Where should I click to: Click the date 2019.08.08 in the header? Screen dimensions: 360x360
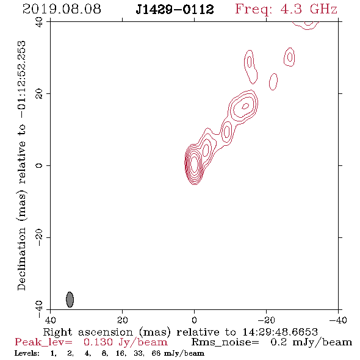coord(62,9)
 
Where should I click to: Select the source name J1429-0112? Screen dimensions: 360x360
coord(175,9)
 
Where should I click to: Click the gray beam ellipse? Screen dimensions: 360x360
coord(70,300)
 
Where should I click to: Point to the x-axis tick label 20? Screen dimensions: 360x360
coord(122,320)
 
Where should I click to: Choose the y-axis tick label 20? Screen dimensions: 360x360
coord(39,94)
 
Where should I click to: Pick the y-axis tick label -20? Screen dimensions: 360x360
coord(39,237)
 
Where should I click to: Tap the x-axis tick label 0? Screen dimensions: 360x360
coord(194,320)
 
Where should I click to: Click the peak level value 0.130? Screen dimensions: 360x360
coord(98,342)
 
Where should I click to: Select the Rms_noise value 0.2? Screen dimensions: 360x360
coord(279,342)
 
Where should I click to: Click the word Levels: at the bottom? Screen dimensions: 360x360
coord(27,353)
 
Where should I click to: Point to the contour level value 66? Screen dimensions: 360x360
coord(156,353)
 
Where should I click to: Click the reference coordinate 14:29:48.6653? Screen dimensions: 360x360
coord(280,332)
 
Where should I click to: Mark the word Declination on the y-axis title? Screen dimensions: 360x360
coord(21,259)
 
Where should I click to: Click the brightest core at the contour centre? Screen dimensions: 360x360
coord(194,164)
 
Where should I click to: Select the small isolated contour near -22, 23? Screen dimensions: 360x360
coord(273,82)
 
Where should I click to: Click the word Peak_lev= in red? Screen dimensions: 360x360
coord(43,342)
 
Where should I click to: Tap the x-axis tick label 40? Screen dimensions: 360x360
coord(50,320)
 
